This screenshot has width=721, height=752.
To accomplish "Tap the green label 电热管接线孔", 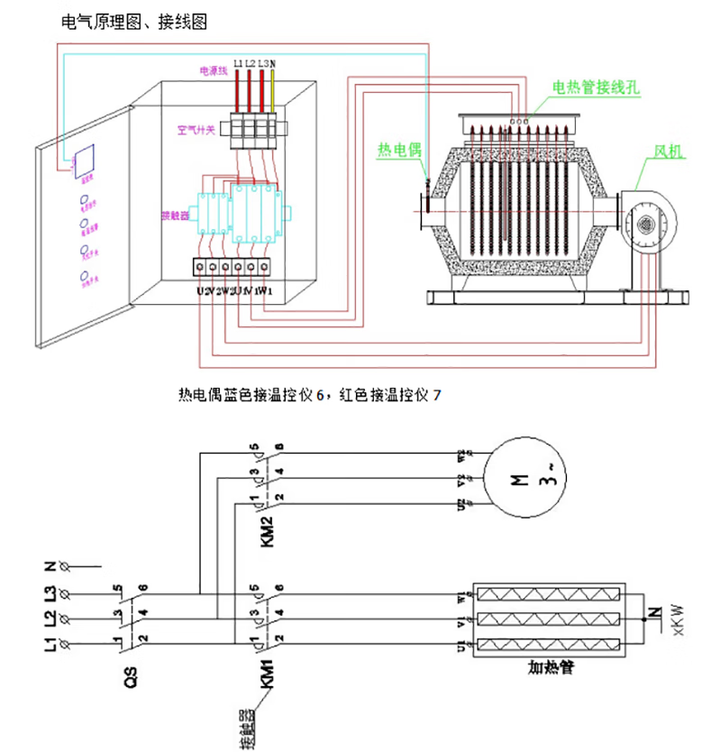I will pyautogui.click(x=594, y=88).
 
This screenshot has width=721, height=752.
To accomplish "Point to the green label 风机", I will pyautogui.click(x=669, y=151).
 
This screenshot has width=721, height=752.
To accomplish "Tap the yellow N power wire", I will pyautogui.click(x=272, y=90).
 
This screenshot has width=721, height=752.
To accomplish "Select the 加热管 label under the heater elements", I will pyautogui.click(x=552, y=669).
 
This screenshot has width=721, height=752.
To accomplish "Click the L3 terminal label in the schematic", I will pyautogui.click(x=51, y=595).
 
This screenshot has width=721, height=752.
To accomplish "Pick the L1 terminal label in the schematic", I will pyautogui.click(x=51, y=644).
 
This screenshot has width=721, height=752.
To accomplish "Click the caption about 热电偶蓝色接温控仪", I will pyautogui.click(x=310, y=394).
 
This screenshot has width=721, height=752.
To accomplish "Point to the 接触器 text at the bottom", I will pyautogui.click(x=245, y=729).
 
